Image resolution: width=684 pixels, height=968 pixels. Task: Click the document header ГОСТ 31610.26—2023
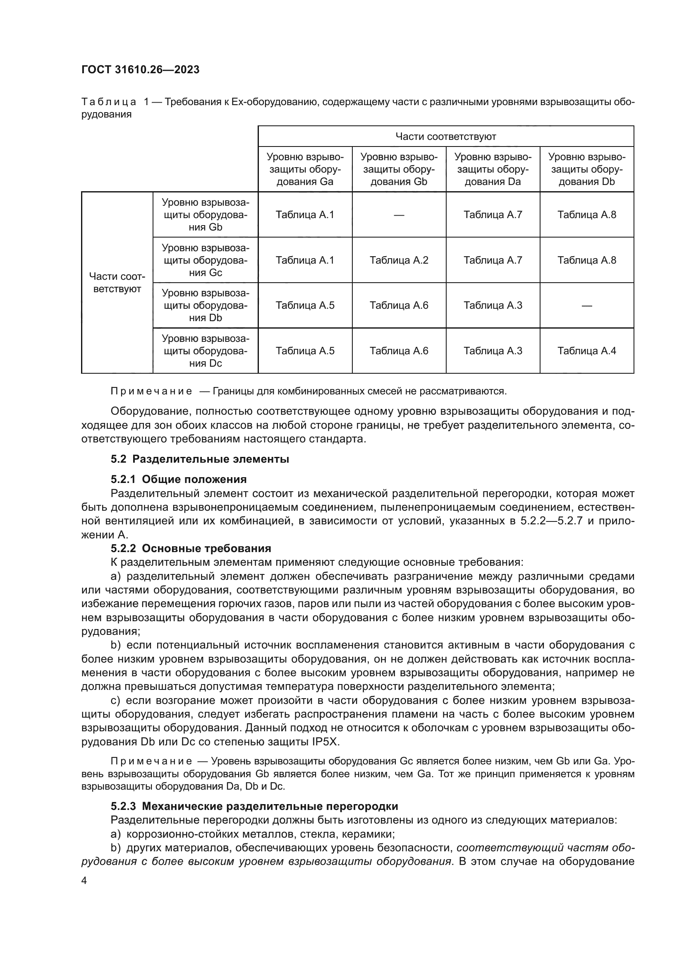[x=140, y=70]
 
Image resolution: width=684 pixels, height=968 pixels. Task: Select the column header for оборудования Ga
[x=305, y=170]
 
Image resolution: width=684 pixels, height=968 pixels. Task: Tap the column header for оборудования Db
[x=587, y=170]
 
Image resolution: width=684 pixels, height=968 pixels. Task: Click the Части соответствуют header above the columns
[x=446, y=137]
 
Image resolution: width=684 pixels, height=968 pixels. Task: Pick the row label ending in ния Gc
[x=206, y=260]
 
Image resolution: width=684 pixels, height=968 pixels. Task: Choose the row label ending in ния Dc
[x=206, y=351]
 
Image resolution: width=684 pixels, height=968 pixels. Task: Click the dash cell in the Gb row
[x=399, y=215]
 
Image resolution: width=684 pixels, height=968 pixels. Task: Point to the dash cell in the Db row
[x=587, y=306]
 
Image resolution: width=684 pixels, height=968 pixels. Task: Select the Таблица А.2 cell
[x=399, y=260]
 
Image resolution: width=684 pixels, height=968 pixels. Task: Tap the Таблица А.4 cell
[x=587, y=351]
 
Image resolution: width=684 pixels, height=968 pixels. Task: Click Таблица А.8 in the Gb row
[x=587, y=215]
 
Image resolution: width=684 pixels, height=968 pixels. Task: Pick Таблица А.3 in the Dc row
[x=493, y=351]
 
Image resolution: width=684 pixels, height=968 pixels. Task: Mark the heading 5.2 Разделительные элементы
[x=200, y=459]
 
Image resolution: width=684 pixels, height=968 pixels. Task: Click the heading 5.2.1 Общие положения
[x=179, y=479]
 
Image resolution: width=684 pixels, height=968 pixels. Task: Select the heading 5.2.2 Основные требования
[x=191, y=548]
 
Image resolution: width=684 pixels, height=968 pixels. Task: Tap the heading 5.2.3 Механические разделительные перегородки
[x=254, y=806]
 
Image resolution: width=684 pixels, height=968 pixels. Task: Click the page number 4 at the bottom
[x=84, y=880]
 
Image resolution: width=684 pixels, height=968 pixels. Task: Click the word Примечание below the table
[x=151, y=391]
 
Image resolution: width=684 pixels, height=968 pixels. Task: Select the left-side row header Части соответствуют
[x=117, y=283]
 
